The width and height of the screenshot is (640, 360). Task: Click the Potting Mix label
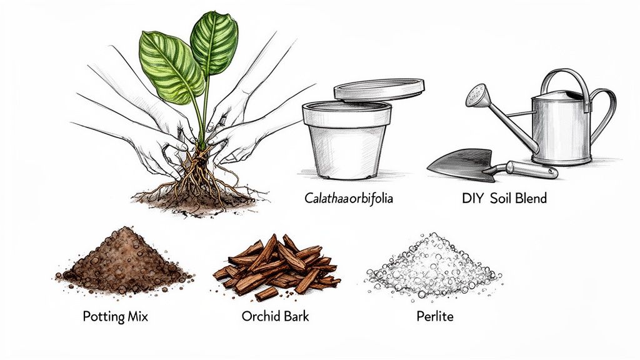116,316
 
